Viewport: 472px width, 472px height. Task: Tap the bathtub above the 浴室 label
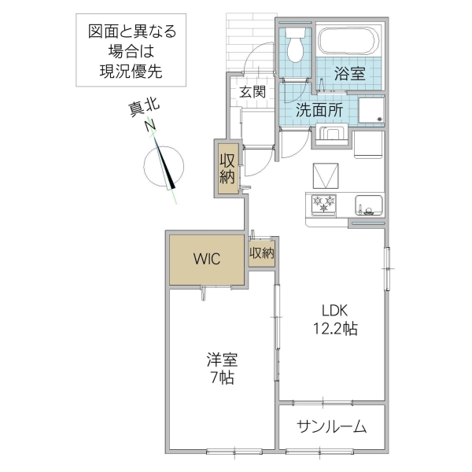(348, 41)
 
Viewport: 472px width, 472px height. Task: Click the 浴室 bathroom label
(349, 75)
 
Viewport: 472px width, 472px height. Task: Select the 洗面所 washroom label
(319, 111)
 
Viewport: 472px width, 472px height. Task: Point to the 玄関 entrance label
(252, 91)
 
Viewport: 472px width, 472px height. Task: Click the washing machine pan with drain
(368, 109)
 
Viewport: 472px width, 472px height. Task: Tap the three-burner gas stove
(324, 205)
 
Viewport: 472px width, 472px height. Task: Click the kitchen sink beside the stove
(367, 205)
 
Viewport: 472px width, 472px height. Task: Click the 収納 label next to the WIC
(262, 253)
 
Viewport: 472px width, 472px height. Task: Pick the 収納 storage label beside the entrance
(227, 166)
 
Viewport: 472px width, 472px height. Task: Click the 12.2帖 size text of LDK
(338, 329)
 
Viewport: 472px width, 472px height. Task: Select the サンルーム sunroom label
(332, 427)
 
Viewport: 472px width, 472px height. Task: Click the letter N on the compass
(149, 125)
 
